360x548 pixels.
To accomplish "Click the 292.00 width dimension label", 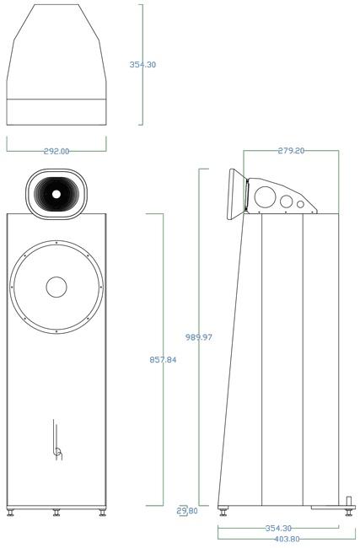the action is click(x=56, y=151).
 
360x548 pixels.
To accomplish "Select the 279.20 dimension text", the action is click(x=291, y=151).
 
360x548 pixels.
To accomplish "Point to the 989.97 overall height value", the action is click(x=198, y=337).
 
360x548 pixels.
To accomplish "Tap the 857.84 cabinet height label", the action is click(x=163, y=359).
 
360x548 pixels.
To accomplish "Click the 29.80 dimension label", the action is click(x=187, y=511).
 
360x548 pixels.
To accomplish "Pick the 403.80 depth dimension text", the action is click(x=287, y=540).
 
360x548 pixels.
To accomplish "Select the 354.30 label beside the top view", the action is click(x=142, y=64).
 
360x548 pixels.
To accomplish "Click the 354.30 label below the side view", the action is click(x=278, y=528).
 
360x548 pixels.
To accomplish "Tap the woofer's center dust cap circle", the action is click(x=56, y=287).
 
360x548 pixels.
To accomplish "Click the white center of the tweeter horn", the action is click(x=56, y=194).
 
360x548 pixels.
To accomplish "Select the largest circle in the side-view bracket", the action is click(x=265, y=197).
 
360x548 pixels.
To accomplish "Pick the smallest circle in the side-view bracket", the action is click(x=301, y=205).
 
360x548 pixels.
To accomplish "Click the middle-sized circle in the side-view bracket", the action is click(x=287, y=201).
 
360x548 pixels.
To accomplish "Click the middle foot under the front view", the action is click(x=56, y=513).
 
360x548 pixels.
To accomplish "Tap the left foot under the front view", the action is click(x=10, y=513).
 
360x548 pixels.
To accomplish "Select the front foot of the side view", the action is click(x=223, y=513).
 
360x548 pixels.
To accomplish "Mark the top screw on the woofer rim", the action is click(x=56, y=242).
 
